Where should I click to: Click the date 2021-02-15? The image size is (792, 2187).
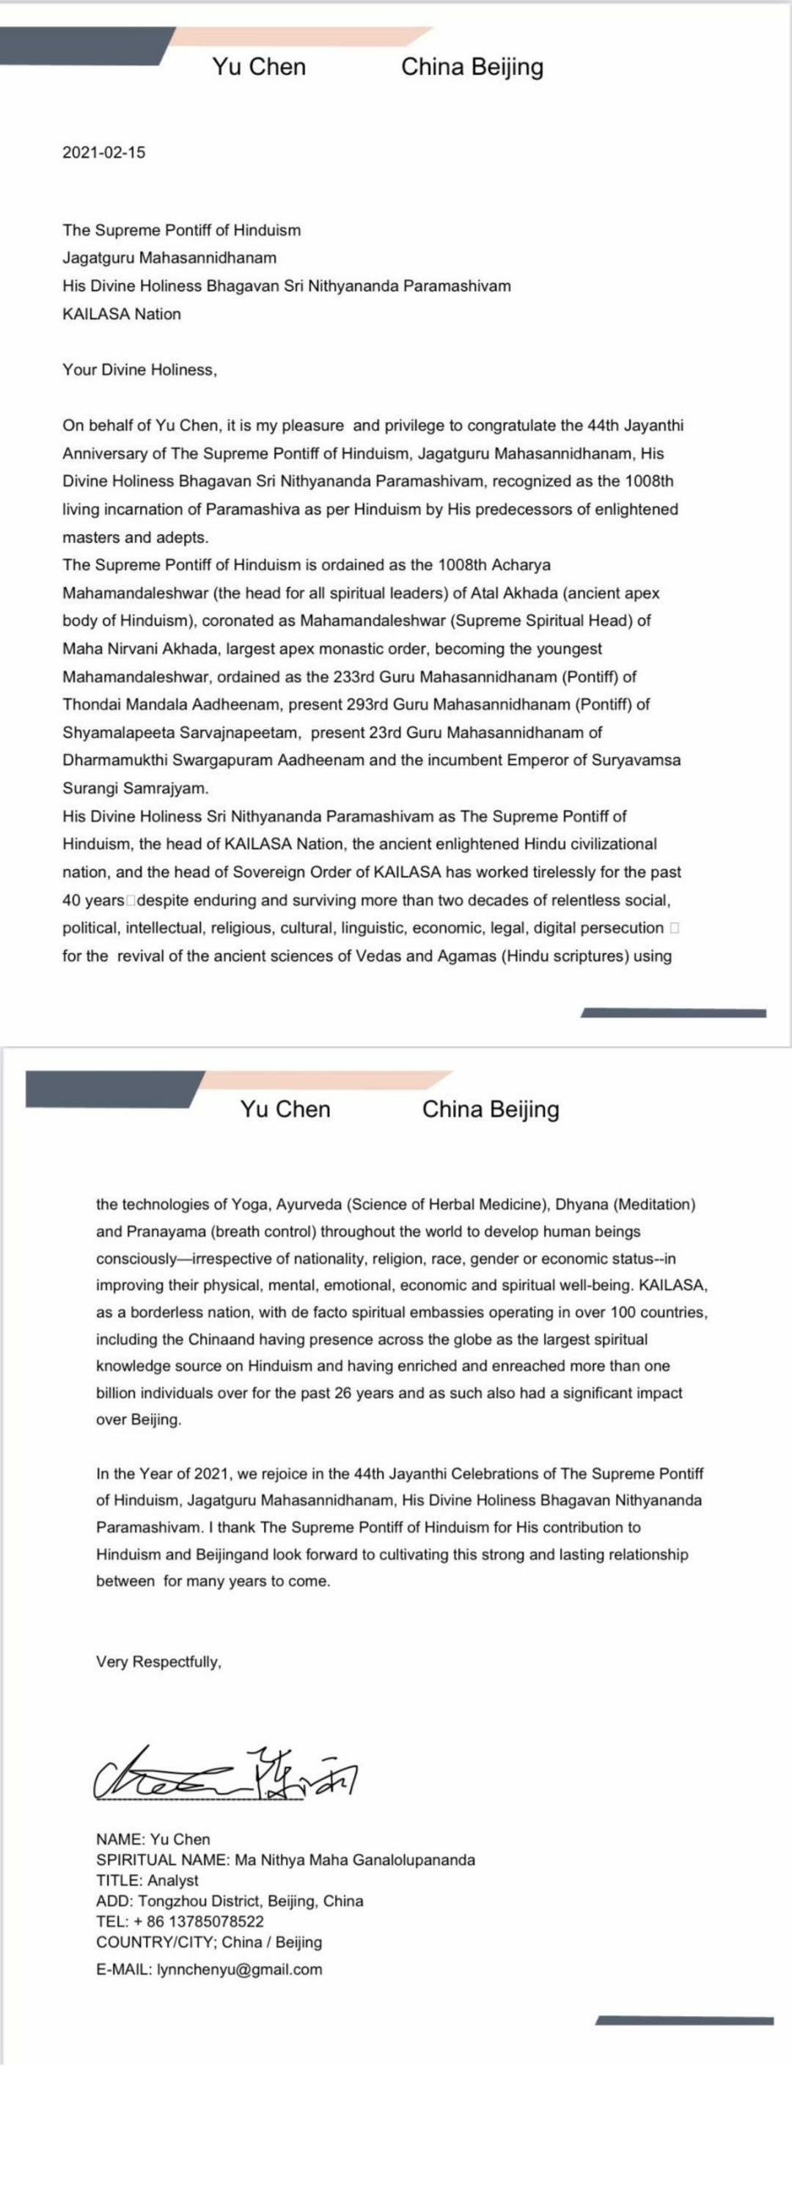[x=103, y=153]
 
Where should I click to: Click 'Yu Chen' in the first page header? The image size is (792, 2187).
[x=259, y=66]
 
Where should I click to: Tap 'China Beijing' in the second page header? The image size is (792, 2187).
[x=490, y=1109]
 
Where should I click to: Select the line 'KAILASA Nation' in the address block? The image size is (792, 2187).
[x=122, y=314]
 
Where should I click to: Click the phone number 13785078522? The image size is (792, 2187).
[x=209, y=1921]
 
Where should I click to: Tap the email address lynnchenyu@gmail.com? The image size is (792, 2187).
[x=239, y=1970]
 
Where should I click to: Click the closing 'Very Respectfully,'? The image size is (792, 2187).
[x=158, y=1662]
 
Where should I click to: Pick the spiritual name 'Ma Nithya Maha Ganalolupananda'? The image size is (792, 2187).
[x=355, y=1859]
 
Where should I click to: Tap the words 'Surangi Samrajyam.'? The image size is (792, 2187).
[x=135, y=788]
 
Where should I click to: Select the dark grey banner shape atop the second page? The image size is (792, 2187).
[x=110, y=1089]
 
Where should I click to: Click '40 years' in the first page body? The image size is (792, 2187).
[x=93, y=900]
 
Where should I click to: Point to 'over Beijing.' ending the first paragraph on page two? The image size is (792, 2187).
[x=138, y=1420]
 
